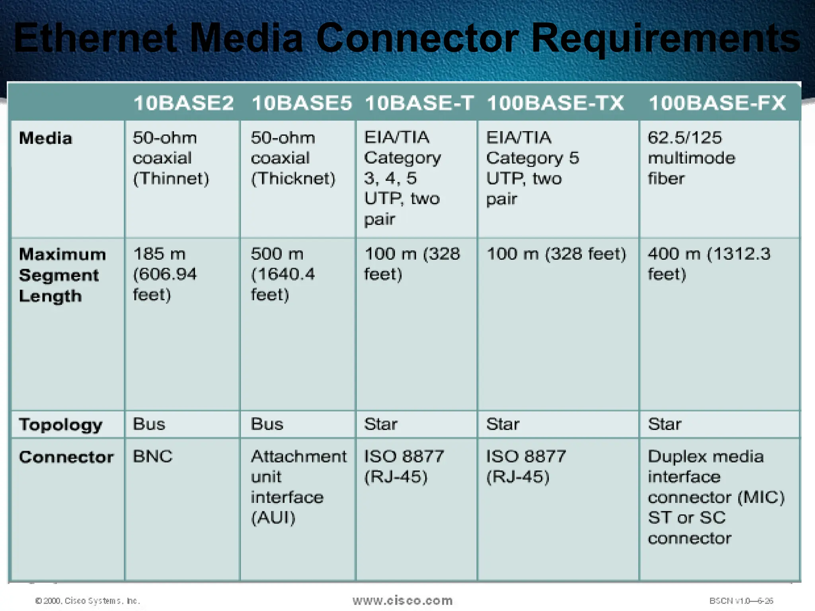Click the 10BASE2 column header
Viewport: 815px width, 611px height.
click(x=183, y=103)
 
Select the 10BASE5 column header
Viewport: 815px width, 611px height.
click(x=302, y=103)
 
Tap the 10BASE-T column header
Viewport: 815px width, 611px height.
click(x=419, y=103)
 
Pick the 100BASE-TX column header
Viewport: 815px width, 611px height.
click(x=556, y=103)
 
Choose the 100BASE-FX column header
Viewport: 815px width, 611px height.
click(x=717, y=103)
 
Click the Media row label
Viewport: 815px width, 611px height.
click(x=46, y=138)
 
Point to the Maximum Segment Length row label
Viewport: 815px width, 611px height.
click(x=62, y=275)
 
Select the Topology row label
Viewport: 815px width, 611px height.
click(x=60, y=425)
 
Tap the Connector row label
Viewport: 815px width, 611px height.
click(x=66, y=457)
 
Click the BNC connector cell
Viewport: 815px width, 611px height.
click(x=153, y=456)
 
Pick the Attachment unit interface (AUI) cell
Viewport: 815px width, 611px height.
click(x=298, y=486)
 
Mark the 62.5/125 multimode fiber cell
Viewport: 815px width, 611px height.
click(x=692, y=158)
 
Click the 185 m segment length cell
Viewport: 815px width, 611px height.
click(x=164, y=274)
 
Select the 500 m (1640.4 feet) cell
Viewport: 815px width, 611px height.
click(x=283, y=274)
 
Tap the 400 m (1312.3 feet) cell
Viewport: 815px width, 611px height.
click(x=709, y=264)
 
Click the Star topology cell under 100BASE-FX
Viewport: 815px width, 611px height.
click(x=665, y=424)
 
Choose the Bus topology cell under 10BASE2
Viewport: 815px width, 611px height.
click(x=149, y=424)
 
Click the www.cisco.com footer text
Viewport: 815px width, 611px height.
click(x=402, y=600)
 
